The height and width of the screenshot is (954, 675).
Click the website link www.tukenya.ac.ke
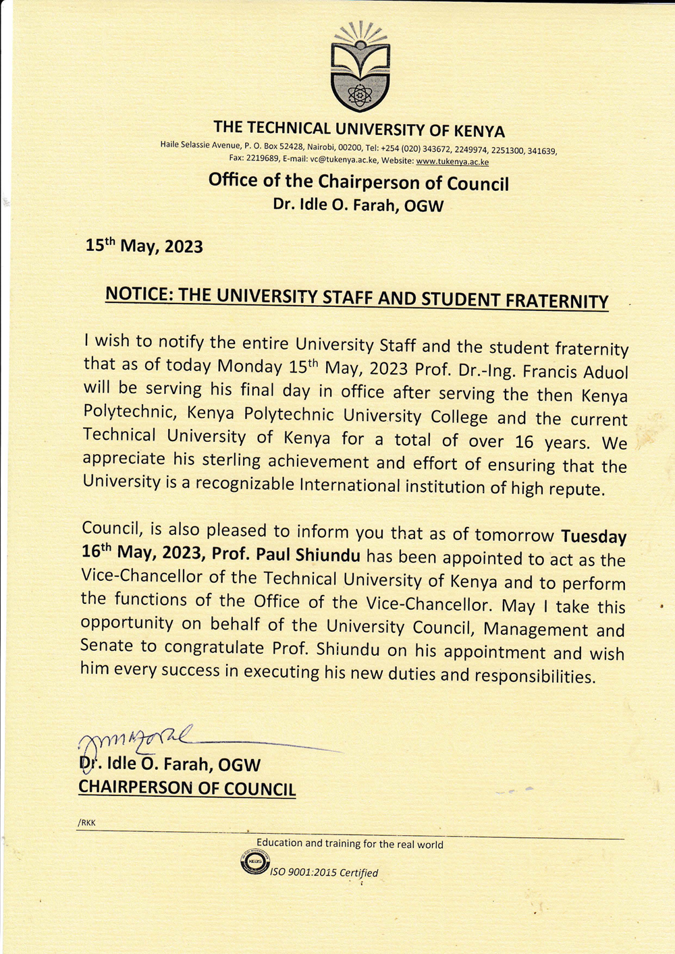point(452,162)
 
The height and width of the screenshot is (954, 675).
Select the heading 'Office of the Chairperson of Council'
point(358,181)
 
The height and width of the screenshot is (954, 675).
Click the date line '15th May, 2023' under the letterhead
point(144,246)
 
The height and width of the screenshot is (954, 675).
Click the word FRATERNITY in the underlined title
point(557,301)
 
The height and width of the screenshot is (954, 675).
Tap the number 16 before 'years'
point(524,443)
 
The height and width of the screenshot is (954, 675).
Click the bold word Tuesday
point(594,537)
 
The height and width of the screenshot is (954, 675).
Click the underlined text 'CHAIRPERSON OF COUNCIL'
point(187,788)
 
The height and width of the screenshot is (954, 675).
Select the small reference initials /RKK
point(87,823)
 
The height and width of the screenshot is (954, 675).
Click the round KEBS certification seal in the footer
point(254,863)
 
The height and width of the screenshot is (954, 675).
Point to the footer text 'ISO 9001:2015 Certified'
point(324,873)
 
